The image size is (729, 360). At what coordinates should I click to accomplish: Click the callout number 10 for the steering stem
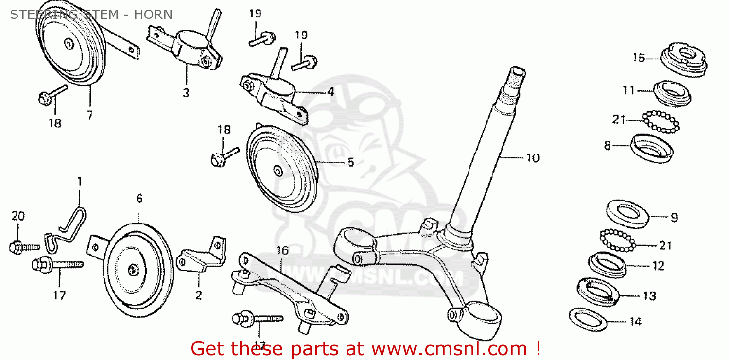pyautogui.click(x=533, y=158)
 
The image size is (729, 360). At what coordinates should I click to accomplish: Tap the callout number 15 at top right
pyautogui.click(x=639, y=58)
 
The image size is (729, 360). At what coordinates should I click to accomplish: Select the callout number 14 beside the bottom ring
pyautogui.click(x=635, y=322)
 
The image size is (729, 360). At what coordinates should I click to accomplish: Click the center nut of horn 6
pyautogui.click(x=133, y=270)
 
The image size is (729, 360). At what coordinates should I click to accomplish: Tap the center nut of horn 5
pyautogui.click(x=278, y=171)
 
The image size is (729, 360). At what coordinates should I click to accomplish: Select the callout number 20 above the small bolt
pyautogui.click(x=18, y=216)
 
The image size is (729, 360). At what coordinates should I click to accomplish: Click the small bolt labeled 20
pyautogui.click(x=24, y=247)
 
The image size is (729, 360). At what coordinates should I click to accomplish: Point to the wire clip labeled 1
pyautogui.click(x=67, y=230)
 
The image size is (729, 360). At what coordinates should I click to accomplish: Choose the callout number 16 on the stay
pyautogui.click(x=282, y=250)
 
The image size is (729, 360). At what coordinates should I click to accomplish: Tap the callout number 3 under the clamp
pyautogui.click(x=186, y=93)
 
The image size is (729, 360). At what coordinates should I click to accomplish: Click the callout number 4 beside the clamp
pyautogui.click(x=330, y=92)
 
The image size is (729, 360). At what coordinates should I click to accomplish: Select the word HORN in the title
pyautogui.click(x=153, y=15)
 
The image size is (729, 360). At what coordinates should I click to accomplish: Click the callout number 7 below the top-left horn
pyautogui.click(x=90, y=115)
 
